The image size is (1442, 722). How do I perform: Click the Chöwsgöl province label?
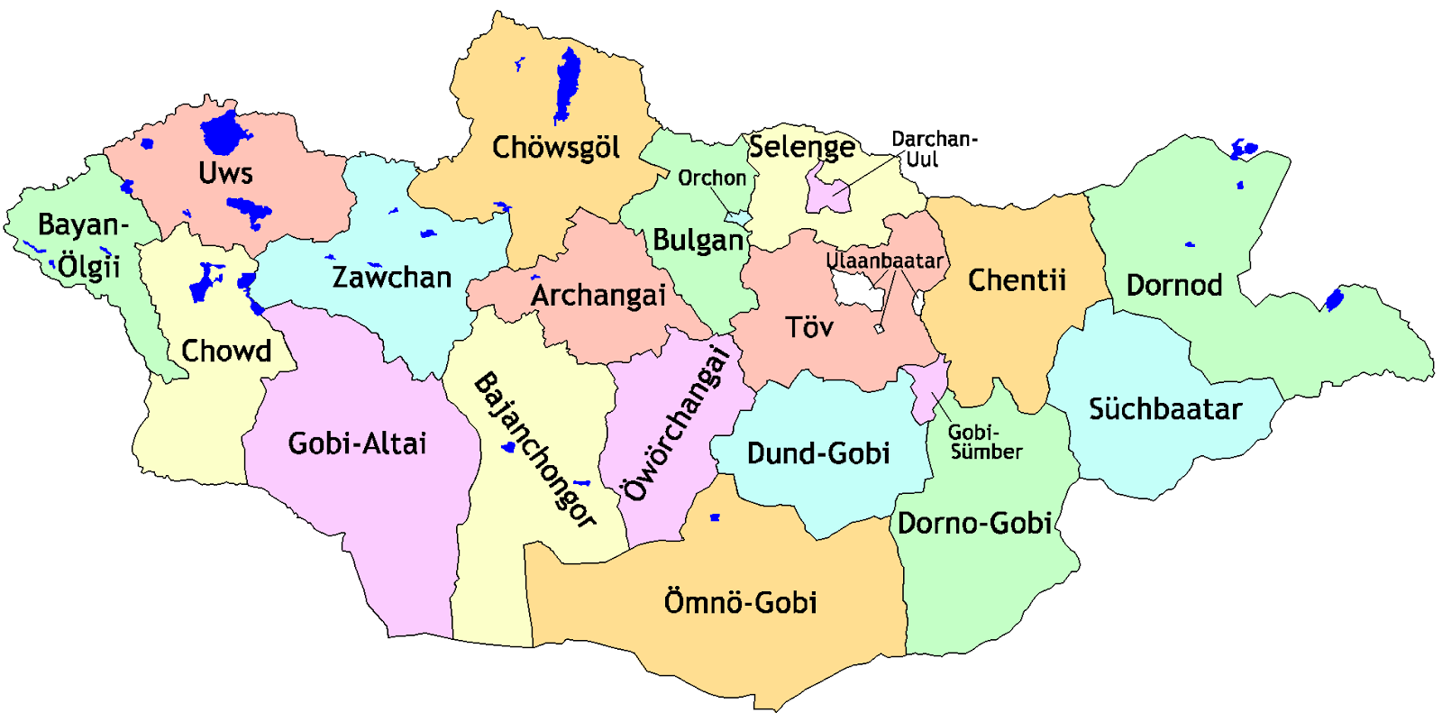(x=555, y=147)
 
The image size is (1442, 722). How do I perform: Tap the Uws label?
(x=225, y=172)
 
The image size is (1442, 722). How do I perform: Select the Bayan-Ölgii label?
(x=83, y=245)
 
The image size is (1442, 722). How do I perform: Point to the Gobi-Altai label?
(x=357, y=443)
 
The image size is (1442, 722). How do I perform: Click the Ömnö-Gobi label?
(x=740, y=601)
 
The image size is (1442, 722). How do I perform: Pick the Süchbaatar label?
(x=1164, y=408)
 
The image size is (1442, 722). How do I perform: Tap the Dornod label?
(x=1173, y=285)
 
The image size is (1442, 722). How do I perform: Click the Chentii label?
(x=1017, y=279)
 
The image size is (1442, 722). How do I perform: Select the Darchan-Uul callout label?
(x=933, y=149)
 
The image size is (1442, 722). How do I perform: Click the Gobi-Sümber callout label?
(x=984, y=442)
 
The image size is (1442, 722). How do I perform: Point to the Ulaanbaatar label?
(x=884, y=260)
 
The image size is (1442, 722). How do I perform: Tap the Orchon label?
(x=712, y=178)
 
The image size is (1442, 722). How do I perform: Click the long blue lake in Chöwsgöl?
(x=567, y=86)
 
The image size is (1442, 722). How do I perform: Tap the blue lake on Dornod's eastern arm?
(x=1334, y=299)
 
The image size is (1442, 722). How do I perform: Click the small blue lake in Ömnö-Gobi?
(x=715, y=517)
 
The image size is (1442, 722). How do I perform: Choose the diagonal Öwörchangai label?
(x=676, y=424)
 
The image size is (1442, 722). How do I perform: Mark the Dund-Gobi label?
(x=818, y=452)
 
